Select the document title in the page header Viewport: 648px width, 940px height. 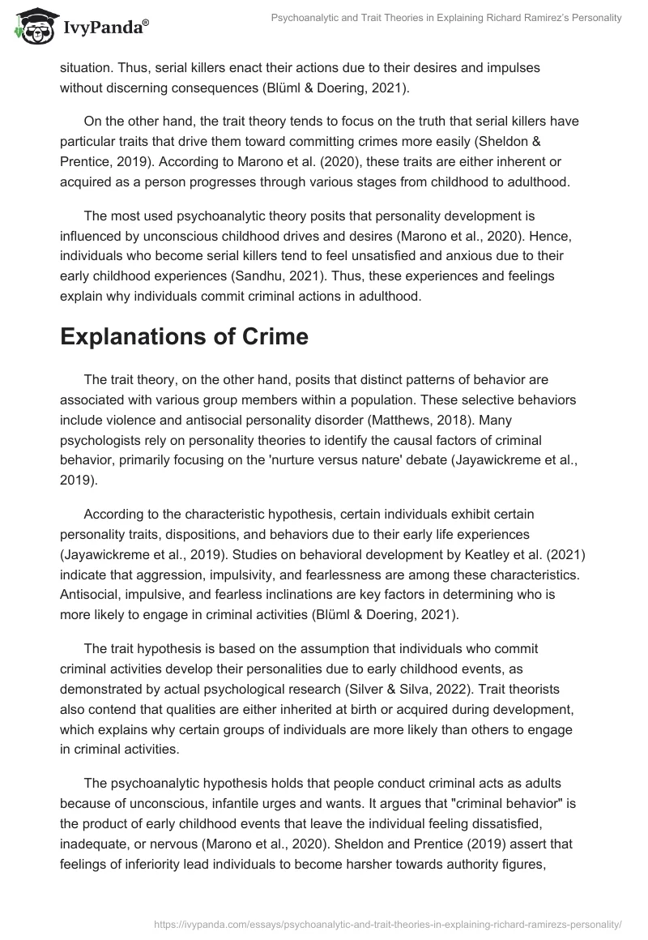(x=441, y=18)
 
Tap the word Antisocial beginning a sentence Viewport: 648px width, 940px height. (x=88, y=592)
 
